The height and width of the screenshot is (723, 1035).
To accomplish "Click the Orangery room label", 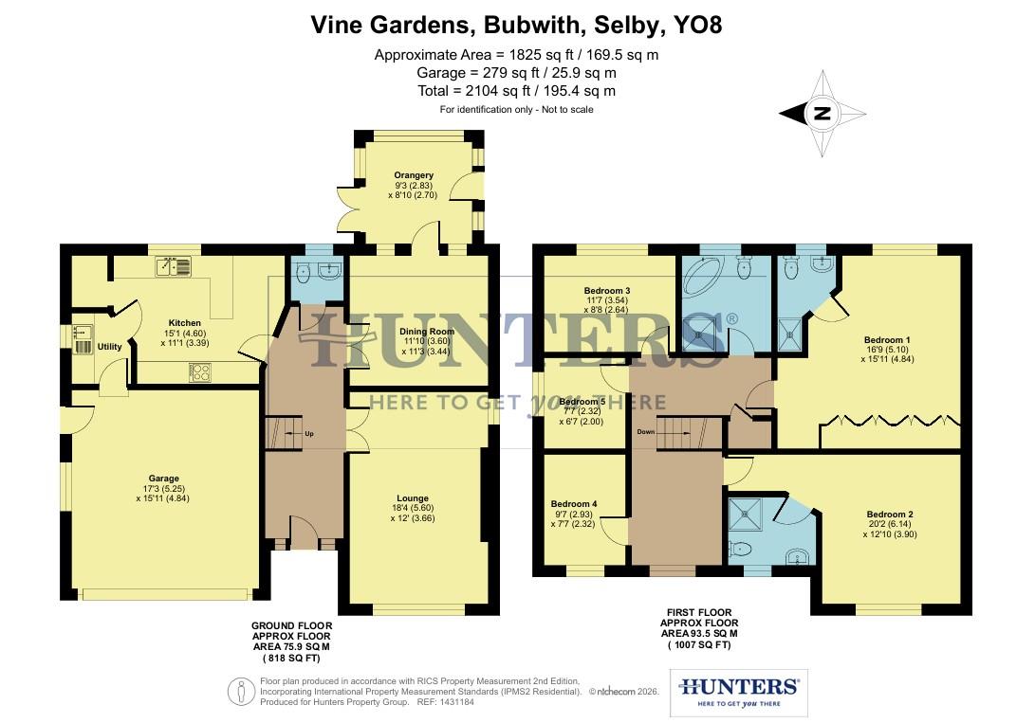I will pyautogui.click(x=414, y=175).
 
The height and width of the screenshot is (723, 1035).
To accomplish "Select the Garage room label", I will pyautogui.click(x=163, y=479).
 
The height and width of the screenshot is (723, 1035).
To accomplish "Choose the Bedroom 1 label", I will pyautogui.click(x=887, y=339).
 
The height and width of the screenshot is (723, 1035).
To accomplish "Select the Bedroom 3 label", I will pyautogui.click(x=608, y=291).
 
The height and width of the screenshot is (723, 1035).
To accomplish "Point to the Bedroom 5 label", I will pyautogui.click(x=582, y=402).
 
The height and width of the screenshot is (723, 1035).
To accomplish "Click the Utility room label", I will pyautogui.click(x=109, y=347).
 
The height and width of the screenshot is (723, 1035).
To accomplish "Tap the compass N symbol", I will pyautogui.click(x=822, y=114).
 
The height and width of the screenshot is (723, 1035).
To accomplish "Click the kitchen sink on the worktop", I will pyautogui.click(x=174, y=268).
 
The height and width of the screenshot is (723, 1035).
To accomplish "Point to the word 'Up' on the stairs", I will pyautogui.click(x=309, y=434).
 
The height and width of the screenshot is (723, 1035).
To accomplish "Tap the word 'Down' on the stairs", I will pyautogui.click(x=645, y=430).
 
